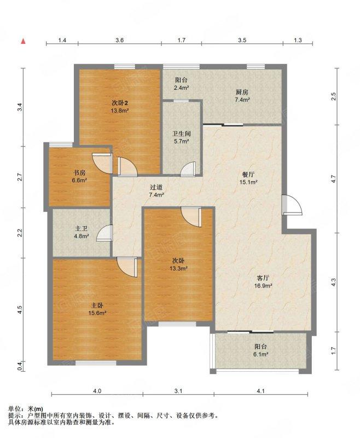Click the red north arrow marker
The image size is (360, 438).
pos(24,41)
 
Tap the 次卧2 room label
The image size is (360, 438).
pos(120,103)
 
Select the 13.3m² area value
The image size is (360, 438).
pos(178,268)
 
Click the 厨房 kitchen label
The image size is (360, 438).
pos(242,92)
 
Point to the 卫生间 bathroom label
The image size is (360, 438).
pos(182,134)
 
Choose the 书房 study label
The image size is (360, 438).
pos(79,173)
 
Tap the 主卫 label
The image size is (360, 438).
pos(81,228)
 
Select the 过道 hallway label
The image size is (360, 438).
pos(156,187)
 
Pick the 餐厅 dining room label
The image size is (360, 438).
pos(248,175)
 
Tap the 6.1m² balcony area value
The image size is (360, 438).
pos(262,354)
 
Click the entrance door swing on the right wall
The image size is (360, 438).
pos(292,205)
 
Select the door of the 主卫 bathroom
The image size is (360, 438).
pos(104,233)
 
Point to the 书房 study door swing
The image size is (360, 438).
pos(102,163)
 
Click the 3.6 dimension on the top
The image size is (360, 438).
pos(119,40)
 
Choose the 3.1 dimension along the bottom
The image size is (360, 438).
pos(178,391)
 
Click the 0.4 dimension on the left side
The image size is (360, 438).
pos(19,366)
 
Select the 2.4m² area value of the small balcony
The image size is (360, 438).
pos(182,88)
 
